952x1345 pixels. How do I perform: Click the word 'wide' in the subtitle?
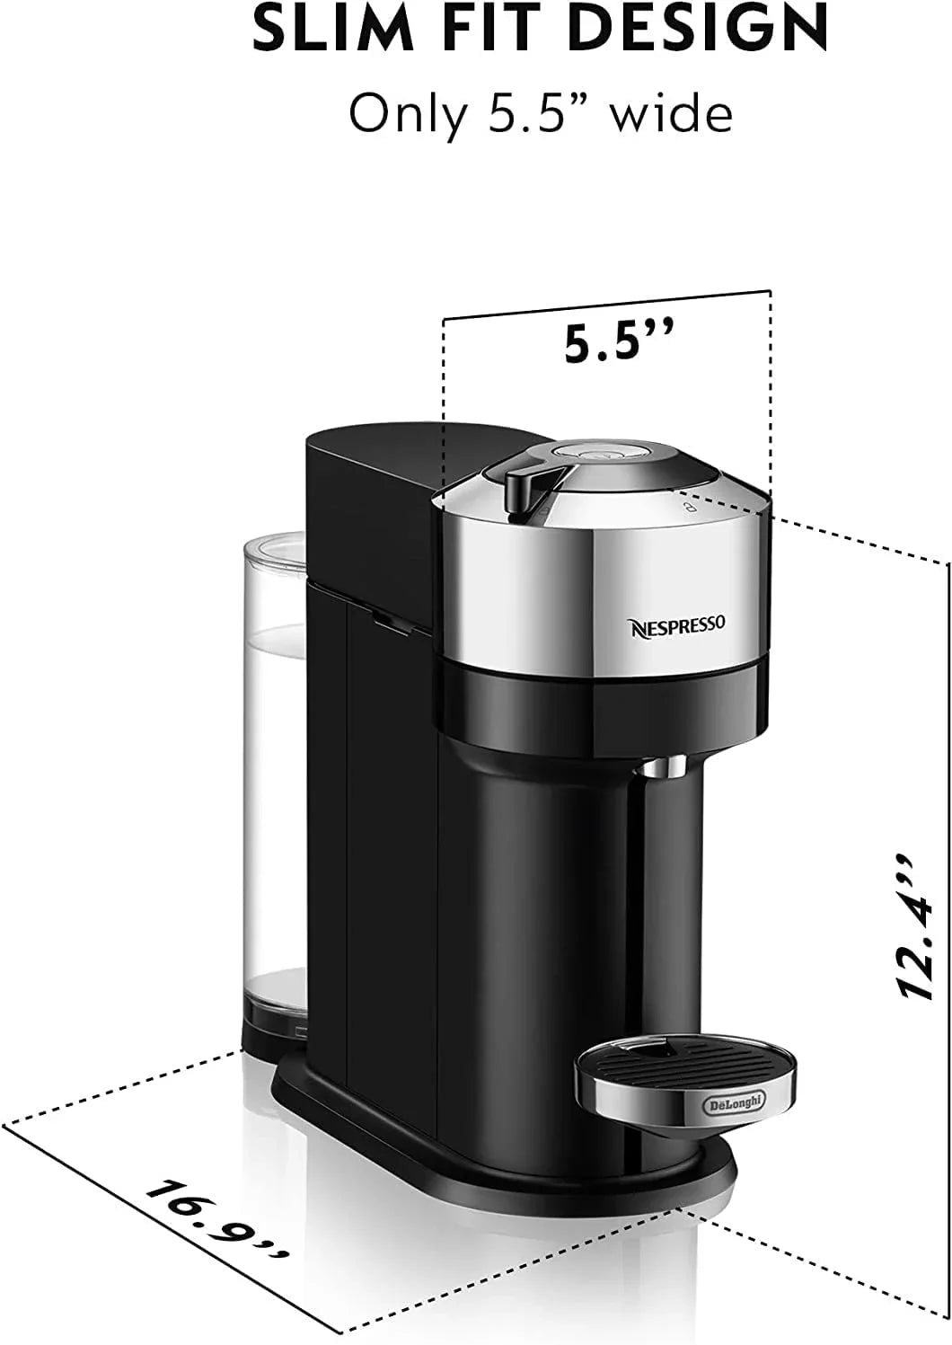click(x=673, y=114)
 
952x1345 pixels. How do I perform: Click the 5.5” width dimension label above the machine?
click(x=618, y=342)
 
